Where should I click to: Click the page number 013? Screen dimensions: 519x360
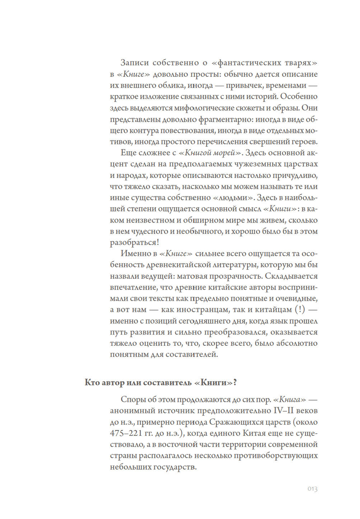click(x=312, y=489)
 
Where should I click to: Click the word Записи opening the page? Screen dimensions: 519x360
click(x=135, y=63)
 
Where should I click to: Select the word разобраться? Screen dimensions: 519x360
click(x=134, y=242)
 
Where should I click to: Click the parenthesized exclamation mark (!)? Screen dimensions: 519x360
click(x=300, y=309)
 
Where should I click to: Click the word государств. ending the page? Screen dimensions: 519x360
click(x=175, y=467)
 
